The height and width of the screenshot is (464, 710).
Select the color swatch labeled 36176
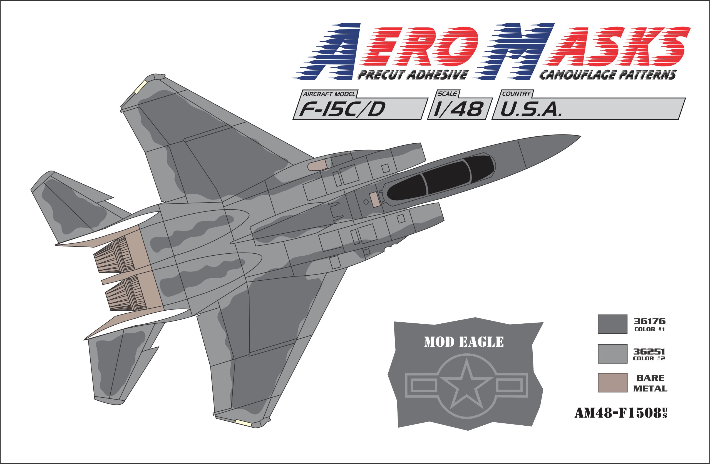[612, 324]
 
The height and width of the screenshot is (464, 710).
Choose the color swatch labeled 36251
[612, 354]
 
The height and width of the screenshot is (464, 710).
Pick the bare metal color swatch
[612, 383]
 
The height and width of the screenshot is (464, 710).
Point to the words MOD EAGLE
[464, 342]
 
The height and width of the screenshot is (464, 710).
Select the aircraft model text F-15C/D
[342, 109]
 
